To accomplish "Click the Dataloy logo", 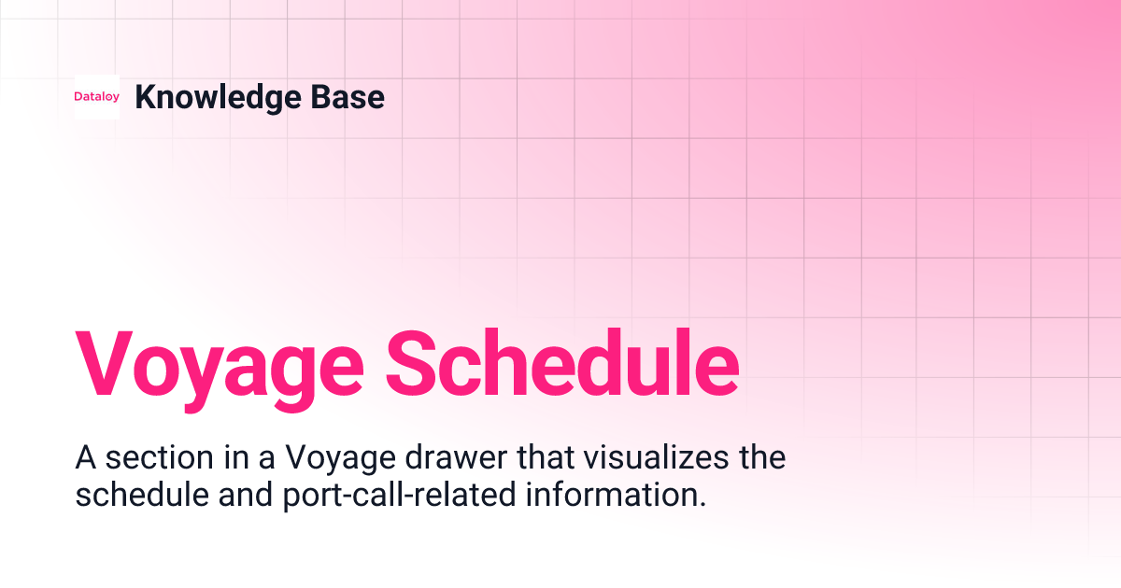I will point(96,97).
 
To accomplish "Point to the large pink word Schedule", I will point(560,361).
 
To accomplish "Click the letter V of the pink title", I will point(106,361).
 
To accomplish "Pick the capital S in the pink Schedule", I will point(410,361).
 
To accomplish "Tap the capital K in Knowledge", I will point(145,97).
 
